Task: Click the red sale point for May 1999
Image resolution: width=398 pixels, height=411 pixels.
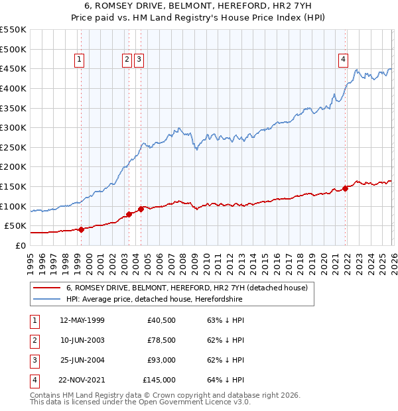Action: (x=81, y=229)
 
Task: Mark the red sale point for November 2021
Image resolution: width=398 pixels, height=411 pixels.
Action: (x=346, y=188)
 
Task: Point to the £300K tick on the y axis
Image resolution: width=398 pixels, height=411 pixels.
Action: (x=14, y=127)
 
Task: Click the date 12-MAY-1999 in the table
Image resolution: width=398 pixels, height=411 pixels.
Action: (x=82, y=320)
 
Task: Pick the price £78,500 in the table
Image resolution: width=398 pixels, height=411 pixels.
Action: (x=161, y=340)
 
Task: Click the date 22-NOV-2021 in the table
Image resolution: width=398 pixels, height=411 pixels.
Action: (x=82, y=380)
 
